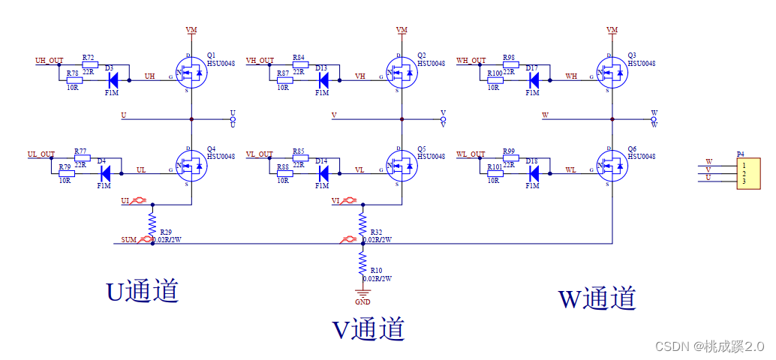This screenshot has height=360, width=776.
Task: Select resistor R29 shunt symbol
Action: (152, 223)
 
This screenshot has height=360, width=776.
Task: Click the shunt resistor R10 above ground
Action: (362, 262)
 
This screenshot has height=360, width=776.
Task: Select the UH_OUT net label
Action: (50, 60)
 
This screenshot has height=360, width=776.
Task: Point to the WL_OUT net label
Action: (471, 154)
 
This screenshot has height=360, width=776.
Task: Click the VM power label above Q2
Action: (402, 29)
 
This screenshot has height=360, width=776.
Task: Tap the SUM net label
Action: (129, 241)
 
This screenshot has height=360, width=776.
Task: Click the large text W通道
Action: (597, 298)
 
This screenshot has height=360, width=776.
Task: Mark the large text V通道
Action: (368, 328)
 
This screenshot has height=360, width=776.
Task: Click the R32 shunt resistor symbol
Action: (362, 223)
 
